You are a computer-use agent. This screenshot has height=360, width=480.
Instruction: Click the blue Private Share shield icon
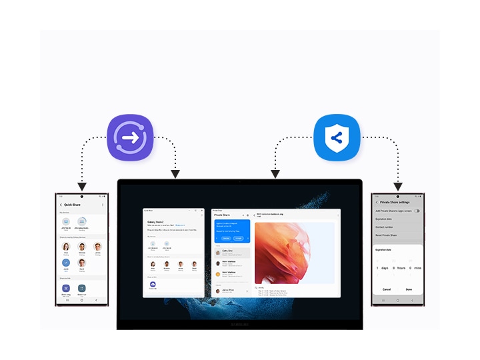pos(337,139)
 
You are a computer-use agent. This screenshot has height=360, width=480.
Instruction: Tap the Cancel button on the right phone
pos(387,289)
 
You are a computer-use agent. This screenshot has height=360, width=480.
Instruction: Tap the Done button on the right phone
pos(409,289)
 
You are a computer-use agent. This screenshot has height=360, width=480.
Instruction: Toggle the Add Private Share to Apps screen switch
pos(417,211)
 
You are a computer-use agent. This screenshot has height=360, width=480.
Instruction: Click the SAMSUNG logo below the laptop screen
pos(239,325)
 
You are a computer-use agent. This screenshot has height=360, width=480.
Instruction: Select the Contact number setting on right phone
pos(384,227)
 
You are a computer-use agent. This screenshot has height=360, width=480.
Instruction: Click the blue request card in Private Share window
pos(231,231)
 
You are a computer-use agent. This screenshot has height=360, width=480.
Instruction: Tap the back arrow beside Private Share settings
pos(377,202)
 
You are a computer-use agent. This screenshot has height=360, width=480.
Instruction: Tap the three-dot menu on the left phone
pos(103,205)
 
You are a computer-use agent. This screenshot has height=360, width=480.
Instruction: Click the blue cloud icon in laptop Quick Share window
pos(153,285)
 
